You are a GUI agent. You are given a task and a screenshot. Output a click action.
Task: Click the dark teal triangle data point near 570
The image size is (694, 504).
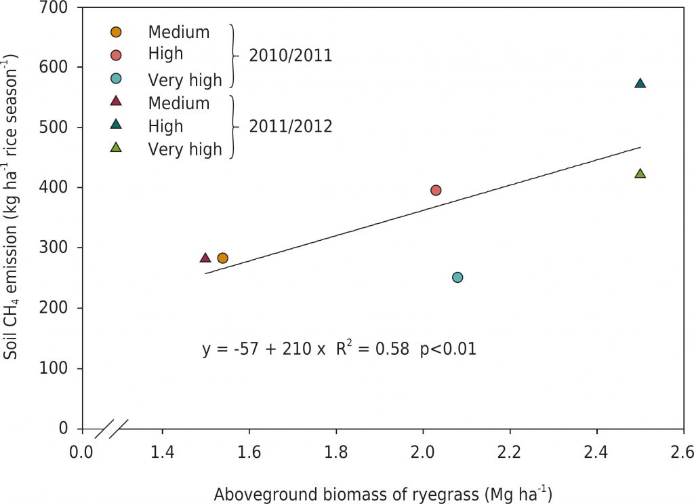click(640, 83)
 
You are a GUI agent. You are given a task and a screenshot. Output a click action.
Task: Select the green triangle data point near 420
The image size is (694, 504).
click(640, 174)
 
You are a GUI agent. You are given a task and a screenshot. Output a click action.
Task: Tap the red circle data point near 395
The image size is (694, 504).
click(436, 191)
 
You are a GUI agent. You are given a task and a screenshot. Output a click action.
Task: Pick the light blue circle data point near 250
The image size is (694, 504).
click(457, 277)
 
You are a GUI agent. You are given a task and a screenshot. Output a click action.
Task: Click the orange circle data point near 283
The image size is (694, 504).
click(222, 258)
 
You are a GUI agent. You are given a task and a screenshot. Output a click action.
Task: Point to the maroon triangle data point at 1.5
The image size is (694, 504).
click(205, 258)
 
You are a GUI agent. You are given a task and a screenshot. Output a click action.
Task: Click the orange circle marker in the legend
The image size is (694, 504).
click(116, 31)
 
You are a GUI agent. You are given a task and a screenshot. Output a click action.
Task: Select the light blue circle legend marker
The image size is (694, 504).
click(116, 79)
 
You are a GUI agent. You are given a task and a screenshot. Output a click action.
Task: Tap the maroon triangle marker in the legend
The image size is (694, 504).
click(116, 102)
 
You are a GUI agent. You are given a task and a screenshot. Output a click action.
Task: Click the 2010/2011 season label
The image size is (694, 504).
click(290, 56)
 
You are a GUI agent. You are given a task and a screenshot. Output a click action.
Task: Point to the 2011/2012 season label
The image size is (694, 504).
click(290, 126)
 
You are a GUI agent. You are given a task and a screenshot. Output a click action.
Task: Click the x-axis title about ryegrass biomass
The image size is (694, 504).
click(383, 495)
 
